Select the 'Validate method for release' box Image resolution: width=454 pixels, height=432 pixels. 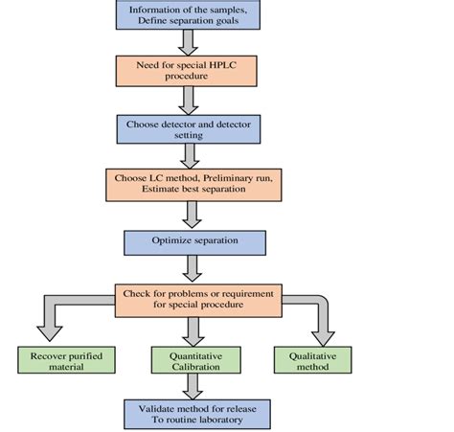[x=194, y=413]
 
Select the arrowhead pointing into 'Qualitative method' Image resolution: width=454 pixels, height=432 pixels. [x=325, y=334]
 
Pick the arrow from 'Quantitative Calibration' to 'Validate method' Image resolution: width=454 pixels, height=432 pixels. [x=194, y=386]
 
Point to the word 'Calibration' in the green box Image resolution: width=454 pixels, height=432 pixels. [x=194, y=366]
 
